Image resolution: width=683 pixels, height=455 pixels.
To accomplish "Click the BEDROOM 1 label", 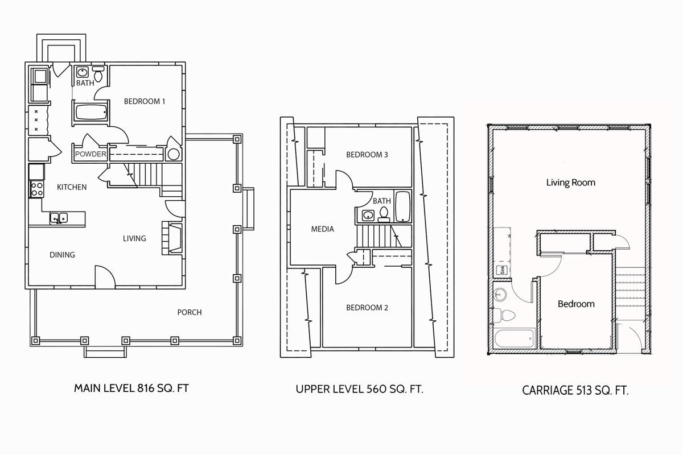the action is (x=145, y=101).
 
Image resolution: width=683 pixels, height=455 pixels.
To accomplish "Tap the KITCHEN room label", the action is (x=72, y=187).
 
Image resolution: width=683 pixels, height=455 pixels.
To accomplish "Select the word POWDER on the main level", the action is (x=90, y=154).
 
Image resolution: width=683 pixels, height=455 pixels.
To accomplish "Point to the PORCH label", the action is (x=190, y=312).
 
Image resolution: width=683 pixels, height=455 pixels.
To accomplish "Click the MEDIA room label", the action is (x=322, y=229).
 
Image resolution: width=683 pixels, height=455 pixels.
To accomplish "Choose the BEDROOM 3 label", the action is (x=367, y=155).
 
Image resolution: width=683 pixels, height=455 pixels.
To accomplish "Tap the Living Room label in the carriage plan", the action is (x=570, y=183).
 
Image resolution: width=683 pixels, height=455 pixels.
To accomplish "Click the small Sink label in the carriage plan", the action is (x=502, y=270).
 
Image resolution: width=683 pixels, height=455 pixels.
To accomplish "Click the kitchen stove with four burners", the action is (x=37, y=189).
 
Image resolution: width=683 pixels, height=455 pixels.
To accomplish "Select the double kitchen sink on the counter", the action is (x=59, y=218).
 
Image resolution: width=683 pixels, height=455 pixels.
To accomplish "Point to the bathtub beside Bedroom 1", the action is (x=91, y=113).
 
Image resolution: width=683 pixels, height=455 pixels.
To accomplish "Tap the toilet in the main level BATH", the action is (x=98, y=74).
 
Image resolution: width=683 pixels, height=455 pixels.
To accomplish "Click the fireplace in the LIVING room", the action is (x=172, y=238).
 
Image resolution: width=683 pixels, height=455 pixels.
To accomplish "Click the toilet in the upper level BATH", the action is (x=384, y=214).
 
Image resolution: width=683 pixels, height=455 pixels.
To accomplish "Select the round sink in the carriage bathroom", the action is (x=500, y=295).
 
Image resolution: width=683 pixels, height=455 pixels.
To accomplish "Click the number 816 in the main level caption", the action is (x=146, y=388).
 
